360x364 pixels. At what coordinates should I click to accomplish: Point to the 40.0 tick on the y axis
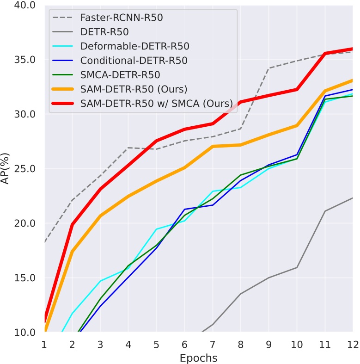click(26, 6)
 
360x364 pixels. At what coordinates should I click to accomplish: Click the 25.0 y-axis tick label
click(26, 169)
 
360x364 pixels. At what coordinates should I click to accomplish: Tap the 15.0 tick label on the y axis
click(26, 278)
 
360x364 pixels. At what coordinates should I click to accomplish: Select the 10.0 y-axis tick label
click(26, 332)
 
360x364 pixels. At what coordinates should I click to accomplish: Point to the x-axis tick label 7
click(213, 345)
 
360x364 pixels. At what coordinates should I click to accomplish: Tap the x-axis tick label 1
click(44, 345)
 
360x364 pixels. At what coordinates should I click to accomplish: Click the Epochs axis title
click(198, 357)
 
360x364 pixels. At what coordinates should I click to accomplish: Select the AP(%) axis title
click(6, 169)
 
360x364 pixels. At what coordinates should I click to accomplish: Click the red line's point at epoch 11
click(325, 54)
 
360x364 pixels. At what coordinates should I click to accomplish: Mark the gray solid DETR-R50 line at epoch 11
click(325, 211)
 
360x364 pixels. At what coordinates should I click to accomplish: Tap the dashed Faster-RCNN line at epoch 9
click(268, 68)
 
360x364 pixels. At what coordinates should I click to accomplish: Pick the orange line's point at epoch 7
click(213, 146)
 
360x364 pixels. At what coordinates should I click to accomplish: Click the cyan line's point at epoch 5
click(156, 229)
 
